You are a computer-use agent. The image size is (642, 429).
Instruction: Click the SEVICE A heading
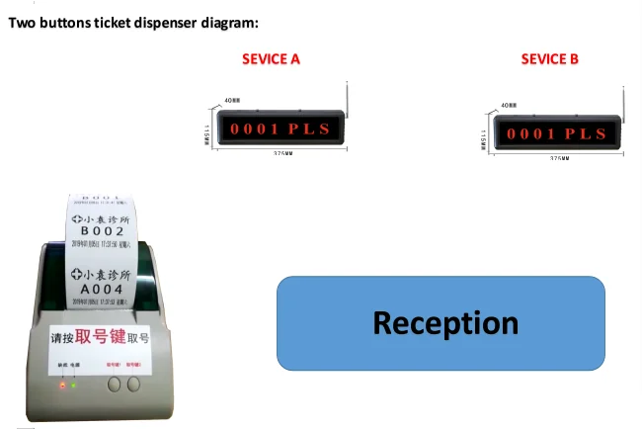(271, 59)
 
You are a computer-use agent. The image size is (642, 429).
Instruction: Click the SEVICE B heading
(550, 59)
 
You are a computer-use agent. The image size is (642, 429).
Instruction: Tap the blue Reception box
(441, 323)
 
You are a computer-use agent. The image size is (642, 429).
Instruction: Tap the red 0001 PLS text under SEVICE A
(280, 129)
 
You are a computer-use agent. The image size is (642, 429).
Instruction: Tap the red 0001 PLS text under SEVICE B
(556, 132)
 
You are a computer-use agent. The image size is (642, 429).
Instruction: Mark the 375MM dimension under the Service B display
(559, 158)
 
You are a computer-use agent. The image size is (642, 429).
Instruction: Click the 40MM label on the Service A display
(232, 100)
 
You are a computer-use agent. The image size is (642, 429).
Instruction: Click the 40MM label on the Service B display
(509, 104)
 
